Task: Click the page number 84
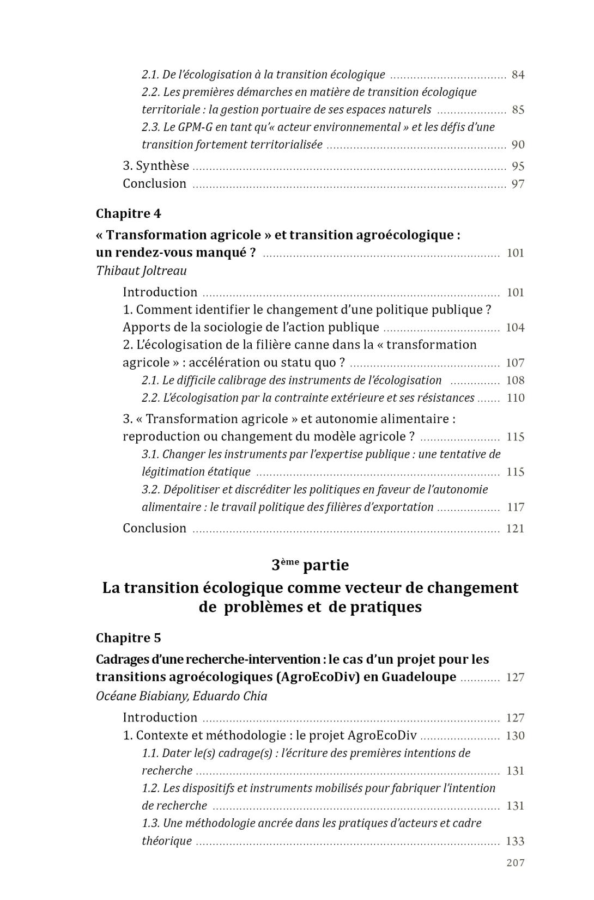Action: [x=518, y=75]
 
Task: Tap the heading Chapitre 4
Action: [x=129, y=213]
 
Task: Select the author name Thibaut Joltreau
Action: [x=141, y=271]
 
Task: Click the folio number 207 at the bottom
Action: [x=515, y=862]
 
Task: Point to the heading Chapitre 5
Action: [x=129, y=638]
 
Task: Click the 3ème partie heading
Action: [x=310, y=565]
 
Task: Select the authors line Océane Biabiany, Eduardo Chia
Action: [x=181, y=696]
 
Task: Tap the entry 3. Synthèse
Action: [x=156, y=166]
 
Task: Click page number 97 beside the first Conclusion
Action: [x=518, y=184]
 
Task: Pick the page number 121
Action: [x=516, y=529]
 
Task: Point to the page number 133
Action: [x=516, y=841]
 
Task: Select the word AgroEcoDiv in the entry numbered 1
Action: [x=381, y=736]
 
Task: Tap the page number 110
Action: [x=516, y=398]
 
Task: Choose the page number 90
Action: [x=518, y=145]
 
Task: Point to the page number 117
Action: [x=516, y=507]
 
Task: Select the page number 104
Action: [x=516, y=328]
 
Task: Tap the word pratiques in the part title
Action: [x=390, y=607]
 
